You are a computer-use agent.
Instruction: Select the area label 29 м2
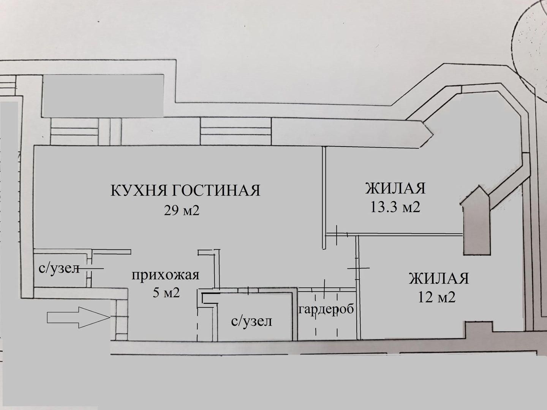[x=182, y=210]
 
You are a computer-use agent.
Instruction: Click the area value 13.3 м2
[x=395, y=207]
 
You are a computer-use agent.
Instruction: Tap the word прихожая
[x=165, y=274]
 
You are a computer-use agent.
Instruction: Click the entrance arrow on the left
[x=78, y=317]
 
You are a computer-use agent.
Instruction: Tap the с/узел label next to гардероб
[x=252, y=322]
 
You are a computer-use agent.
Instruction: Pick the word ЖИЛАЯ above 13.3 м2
[x=395, y=188]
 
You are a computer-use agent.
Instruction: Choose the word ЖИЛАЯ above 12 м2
[x=439, y=279]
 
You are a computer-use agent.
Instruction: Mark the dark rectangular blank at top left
[x=103, y=96]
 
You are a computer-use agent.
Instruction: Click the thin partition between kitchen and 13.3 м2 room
[x=324, y=197]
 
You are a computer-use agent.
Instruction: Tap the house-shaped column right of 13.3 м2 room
[x=476, y=222]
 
